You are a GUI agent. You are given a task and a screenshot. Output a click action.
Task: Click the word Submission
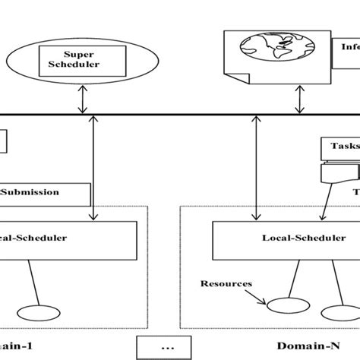click(x=30, y=192)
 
